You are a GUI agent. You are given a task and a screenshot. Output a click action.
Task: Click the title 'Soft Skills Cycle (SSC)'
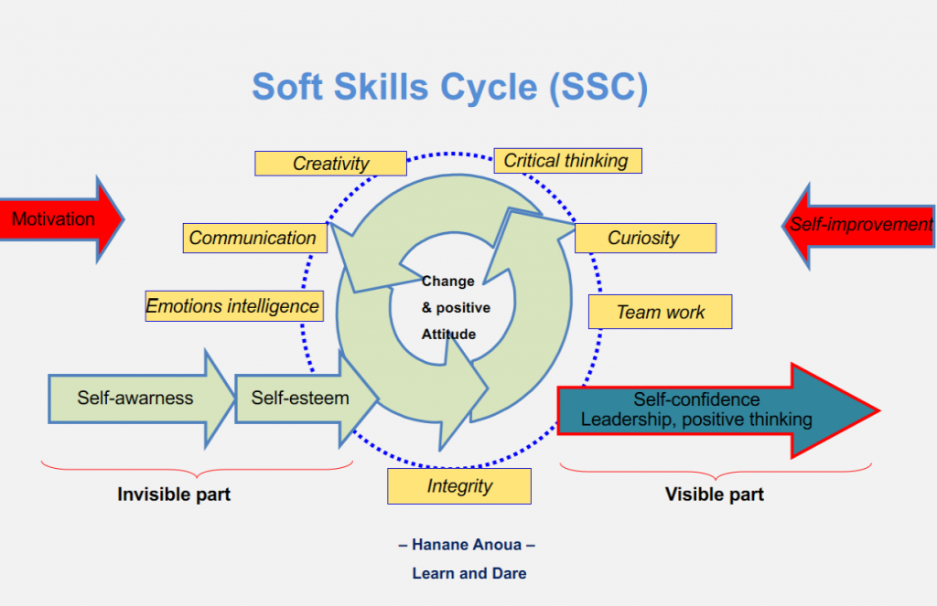click(449, 87)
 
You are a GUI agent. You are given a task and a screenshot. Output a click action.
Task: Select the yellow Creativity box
click(330, 164)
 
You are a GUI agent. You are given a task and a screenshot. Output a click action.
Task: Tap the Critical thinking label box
click(566, 161)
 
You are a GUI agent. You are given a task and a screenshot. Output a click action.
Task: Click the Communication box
click(253, 238)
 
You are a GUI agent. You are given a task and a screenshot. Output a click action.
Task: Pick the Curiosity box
click(644, 238)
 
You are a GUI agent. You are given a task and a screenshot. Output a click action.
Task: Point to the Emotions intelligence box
click(233, 306)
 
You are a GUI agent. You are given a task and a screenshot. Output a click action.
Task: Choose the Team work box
click(660, 312)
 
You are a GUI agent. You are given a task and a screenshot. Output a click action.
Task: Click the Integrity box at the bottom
click(458, 486)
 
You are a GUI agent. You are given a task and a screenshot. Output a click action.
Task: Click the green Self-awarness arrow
click(137, 399)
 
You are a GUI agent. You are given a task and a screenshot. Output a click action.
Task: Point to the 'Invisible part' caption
click(174, 494)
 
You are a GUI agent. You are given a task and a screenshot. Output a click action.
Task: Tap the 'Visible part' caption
click(714, 494)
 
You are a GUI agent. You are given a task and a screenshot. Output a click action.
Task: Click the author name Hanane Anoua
click(468, 546)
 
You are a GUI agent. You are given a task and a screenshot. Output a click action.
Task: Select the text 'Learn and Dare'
click(468, 573)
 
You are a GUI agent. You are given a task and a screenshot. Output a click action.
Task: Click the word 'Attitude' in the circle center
click(448, 335)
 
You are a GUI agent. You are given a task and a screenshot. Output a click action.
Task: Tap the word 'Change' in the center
click(447, 282)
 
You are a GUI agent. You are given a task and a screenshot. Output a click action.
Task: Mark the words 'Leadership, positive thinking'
click(696, 420)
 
